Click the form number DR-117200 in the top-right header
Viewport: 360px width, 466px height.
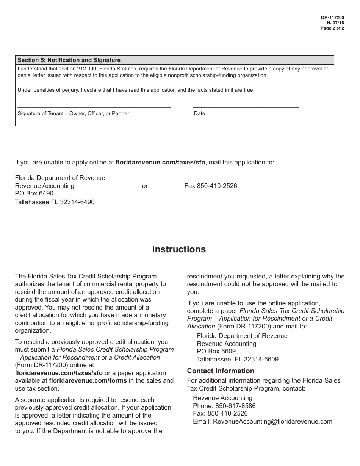[x=332, y=17]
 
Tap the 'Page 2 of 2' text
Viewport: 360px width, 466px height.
[x=332, y=28]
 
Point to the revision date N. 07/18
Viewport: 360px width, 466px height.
[x=336, y=23]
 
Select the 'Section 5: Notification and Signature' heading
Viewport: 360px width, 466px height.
[x=69, y=60]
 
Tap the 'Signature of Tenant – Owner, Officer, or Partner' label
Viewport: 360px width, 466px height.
[x=74, y=113]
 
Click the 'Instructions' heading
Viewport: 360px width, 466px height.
[x=179, y=249]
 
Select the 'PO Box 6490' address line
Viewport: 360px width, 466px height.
[x=34, y=194]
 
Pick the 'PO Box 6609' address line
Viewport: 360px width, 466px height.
[x=216, y=351]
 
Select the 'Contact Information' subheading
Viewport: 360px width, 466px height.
[x=221, y=371]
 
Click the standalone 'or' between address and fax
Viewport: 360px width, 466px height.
[x=145, y=186]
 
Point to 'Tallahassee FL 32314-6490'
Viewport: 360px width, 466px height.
[x=55, y=202]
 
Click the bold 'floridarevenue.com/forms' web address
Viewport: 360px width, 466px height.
[x=88, y=381]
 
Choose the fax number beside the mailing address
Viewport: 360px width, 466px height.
[x=211, y=186]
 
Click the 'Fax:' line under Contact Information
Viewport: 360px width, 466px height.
[x=220, y=413]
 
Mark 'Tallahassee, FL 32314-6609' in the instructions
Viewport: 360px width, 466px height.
[x=238, y=359]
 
